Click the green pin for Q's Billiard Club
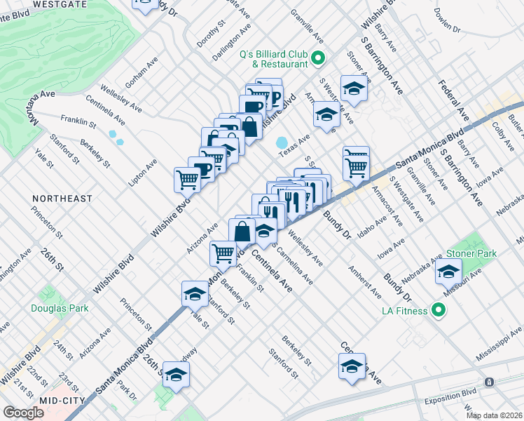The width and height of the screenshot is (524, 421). tap(317, 58)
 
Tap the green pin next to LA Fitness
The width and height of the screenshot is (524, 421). tap(439, 309)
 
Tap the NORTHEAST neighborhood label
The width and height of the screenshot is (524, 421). tap(62, 199)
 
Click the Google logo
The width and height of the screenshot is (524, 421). tap(24, 412)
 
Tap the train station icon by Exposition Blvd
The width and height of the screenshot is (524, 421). tap(489, 382)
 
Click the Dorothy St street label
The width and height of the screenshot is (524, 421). tap(209, 33)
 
